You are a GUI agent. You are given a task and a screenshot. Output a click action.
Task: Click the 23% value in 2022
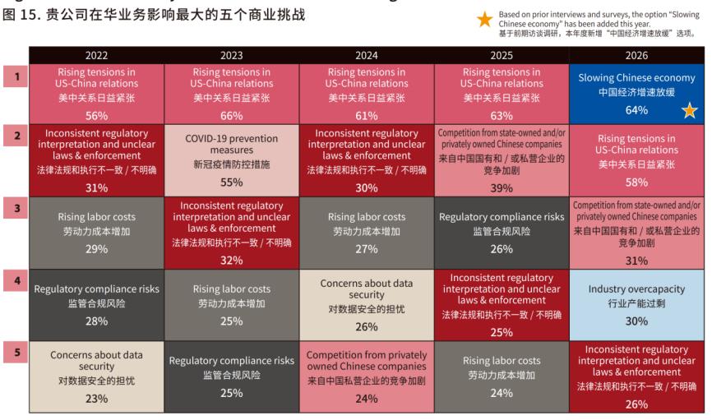coord(96,399)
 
